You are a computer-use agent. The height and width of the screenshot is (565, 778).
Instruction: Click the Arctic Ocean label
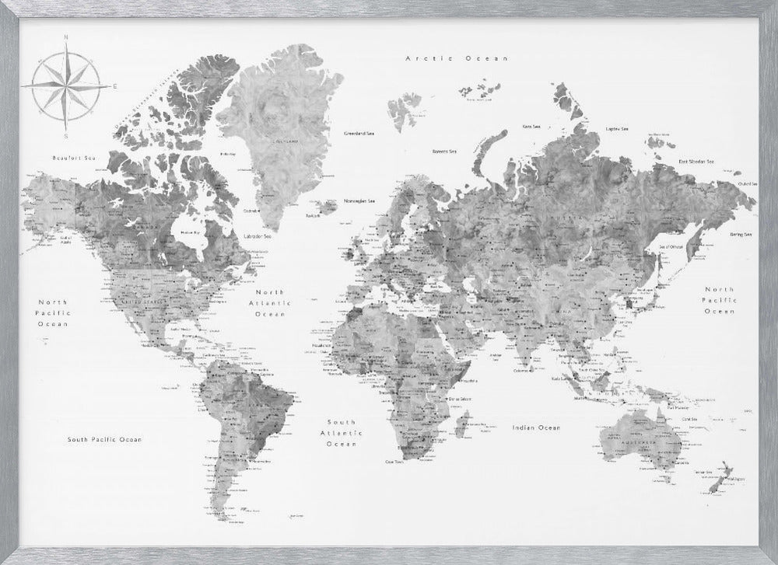coord(457,58)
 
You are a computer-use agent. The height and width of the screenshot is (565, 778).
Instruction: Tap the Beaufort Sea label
coord(73,158)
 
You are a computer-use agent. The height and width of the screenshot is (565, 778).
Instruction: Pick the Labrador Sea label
coord(257,235)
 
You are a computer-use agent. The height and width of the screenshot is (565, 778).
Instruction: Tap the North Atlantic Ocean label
coord(271,303)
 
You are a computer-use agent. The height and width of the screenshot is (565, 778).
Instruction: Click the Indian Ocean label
coord(536,427)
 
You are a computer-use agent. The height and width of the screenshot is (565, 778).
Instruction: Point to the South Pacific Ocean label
coord(104,439)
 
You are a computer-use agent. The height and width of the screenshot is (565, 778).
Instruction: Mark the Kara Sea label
coord(532,126)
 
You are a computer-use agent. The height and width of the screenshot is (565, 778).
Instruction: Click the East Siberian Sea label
coord(696,161)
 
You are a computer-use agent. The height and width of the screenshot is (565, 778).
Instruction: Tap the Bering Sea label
coord(741,234)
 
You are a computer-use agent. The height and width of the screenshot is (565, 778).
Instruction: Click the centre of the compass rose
coord(66,85)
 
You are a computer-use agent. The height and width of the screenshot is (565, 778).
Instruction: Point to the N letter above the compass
coord(66,37)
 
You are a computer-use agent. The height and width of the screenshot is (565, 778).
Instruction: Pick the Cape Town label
coord(394,462)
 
